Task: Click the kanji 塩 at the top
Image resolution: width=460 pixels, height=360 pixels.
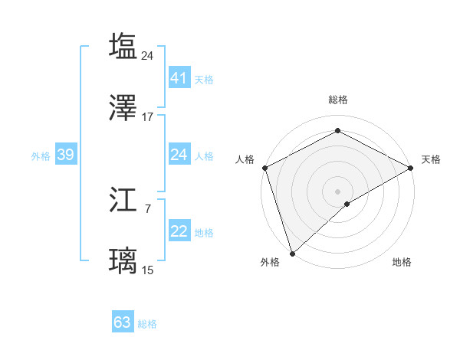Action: click(123, 45)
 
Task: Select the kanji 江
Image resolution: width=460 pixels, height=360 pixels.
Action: click(123, 199)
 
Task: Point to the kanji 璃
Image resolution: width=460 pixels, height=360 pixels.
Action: click(123, 261)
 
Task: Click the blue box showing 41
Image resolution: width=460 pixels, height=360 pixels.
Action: click(179, 77)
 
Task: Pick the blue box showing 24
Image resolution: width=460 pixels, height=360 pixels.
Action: click(179, 155)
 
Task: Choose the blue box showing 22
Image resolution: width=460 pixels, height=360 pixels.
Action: click(179, 231)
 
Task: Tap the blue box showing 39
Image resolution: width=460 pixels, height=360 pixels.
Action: click(65, 155)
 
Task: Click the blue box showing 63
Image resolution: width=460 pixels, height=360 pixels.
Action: click(123, 322)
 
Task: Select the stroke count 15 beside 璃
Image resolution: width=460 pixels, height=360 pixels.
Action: click(148, 270)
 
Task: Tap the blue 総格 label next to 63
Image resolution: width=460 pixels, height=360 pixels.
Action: click(147, 324)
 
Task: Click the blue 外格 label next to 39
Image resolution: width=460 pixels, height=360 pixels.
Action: click(41, 155)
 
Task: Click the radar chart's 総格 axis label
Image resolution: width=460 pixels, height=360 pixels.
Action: click(337, 100)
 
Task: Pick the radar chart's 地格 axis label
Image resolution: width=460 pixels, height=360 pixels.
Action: click(402, 262)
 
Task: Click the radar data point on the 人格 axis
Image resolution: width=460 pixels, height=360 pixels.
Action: click(264, 168)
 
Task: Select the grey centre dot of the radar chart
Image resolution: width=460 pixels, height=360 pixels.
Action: click(337, 191)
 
